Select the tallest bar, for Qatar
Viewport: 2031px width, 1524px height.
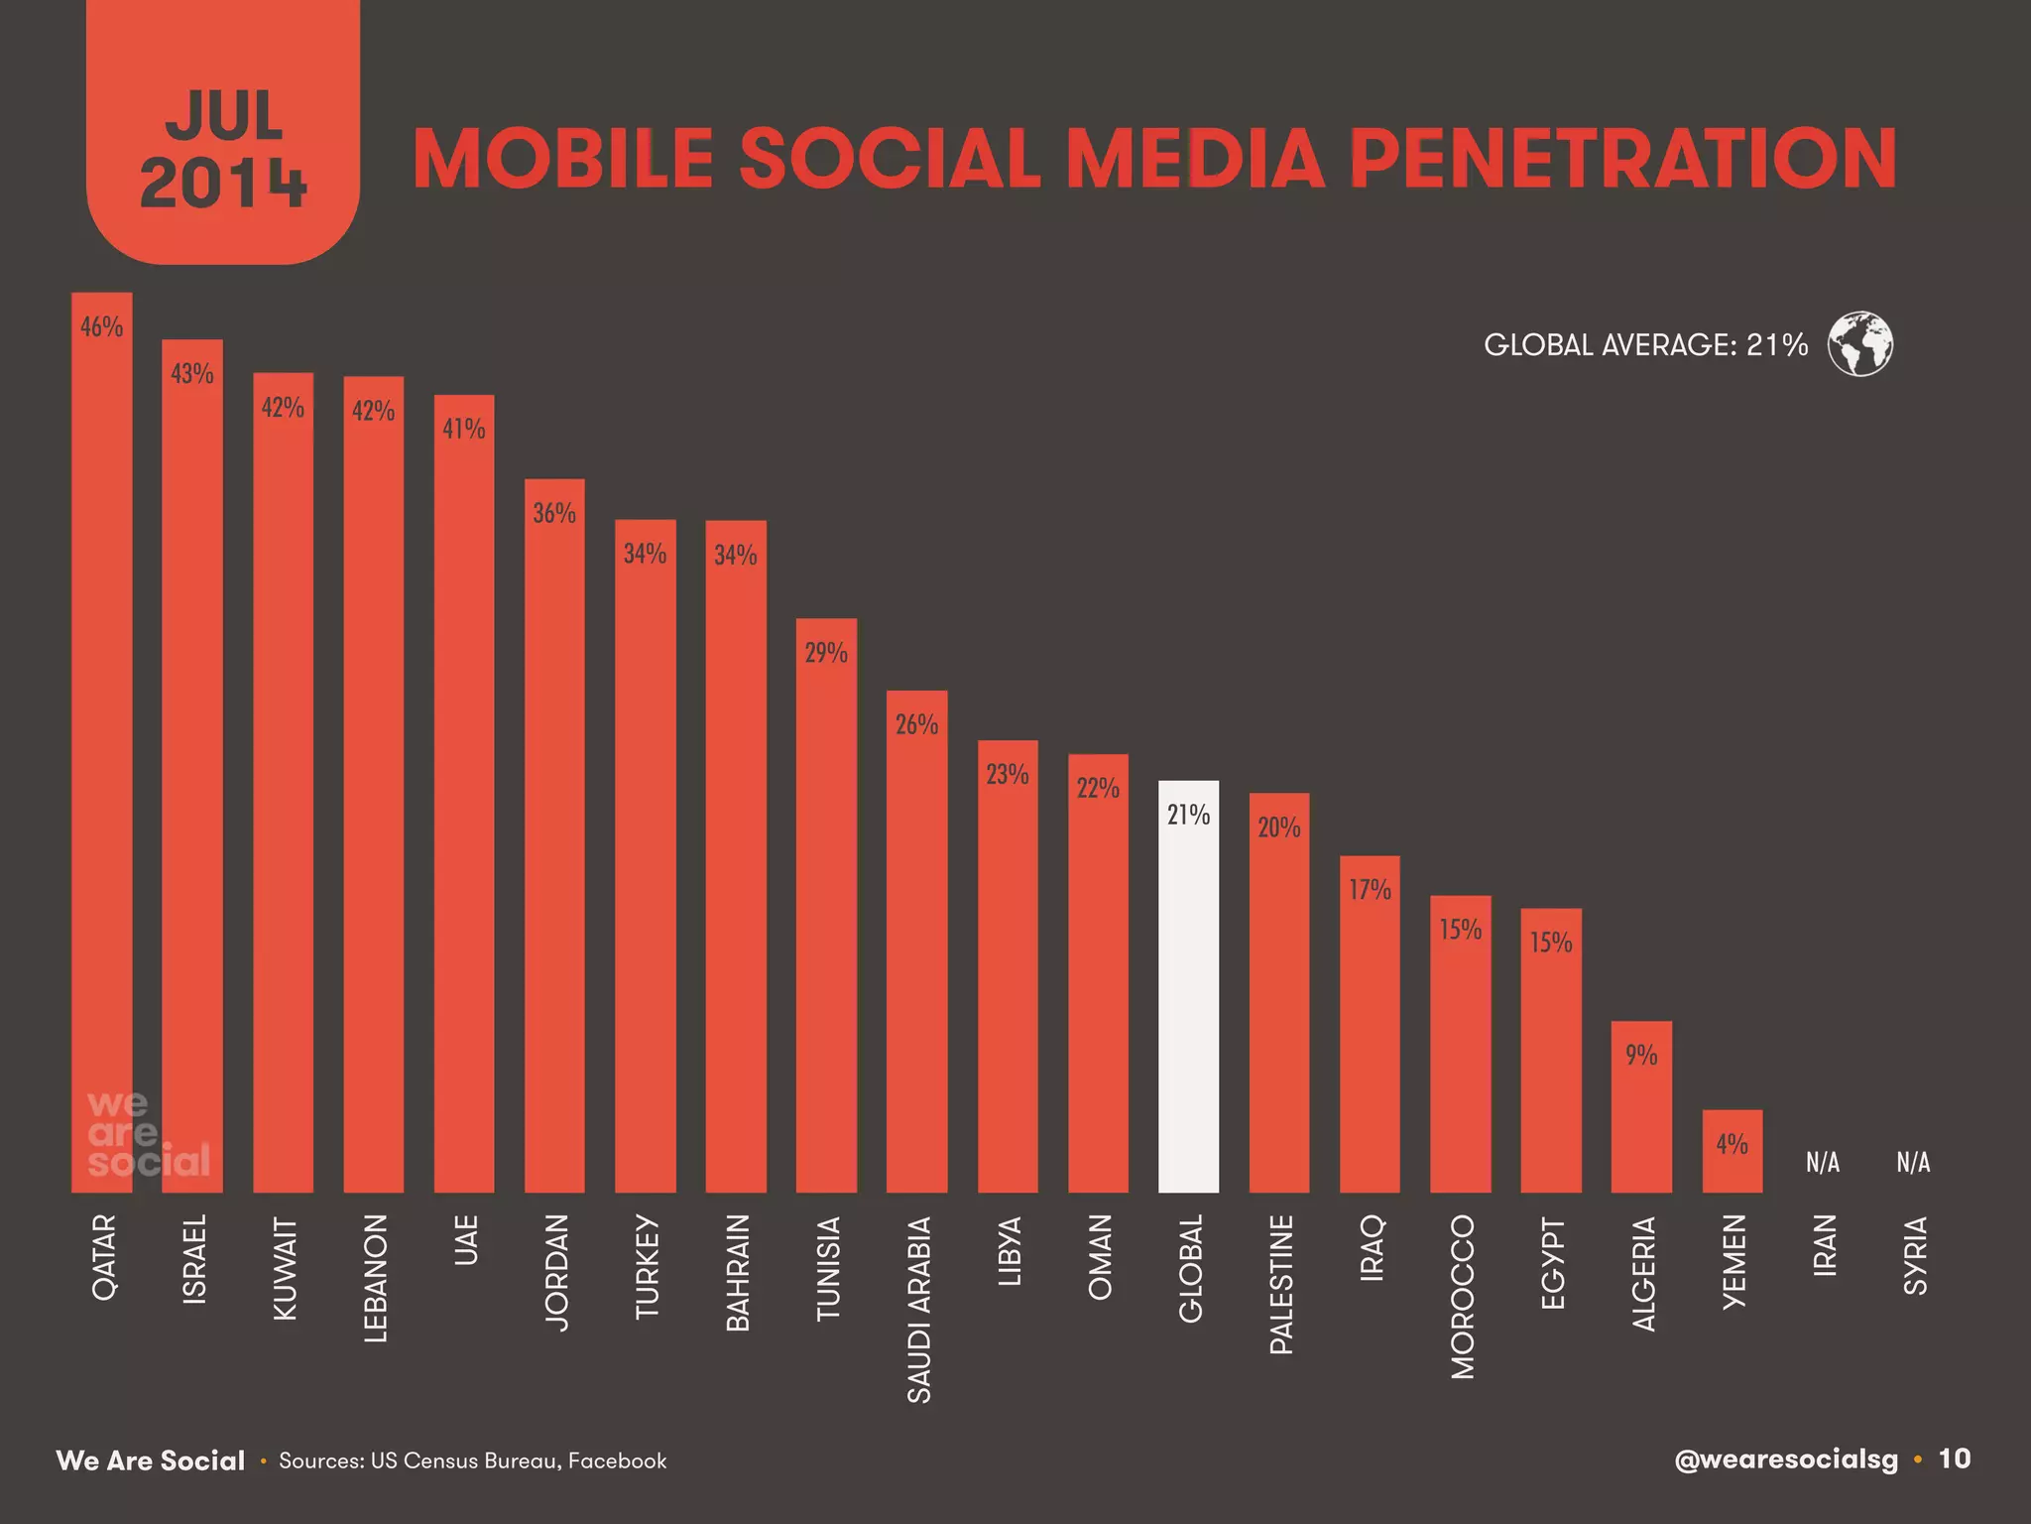click(101, 744)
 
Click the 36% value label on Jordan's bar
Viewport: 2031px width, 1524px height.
click(554, 513)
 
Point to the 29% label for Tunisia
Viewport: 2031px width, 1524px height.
click(826, 653)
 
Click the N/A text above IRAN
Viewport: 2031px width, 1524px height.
click(1822, 1162)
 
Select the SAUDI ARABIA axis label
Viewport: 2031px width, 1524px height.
click(919, 1309)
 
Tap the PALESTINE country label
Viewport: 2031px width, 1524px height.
click(1281, 1284)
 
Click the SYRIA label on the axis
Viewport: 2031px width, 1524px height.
click(1914, 1254)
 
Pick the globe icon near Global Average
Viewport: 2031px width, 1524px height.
click(1859, 344)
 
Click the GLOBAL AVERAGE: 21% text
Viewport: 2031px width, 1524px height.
click(1645, 344)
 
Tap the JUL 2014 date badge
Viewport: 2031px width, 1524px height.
click(223, 149)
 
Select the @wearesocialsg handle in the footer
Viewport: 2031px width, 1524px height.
click(1785, 1460)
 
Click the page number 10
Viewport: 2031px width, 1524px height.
click(1955, 1459)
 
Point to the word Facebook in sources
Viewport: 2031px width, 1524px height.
click(617, 1460)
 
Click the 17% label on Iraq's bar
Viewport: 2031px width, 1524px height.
click(1370, 890)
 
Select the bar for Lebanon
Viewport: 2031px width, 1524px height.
click(373, 794)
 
